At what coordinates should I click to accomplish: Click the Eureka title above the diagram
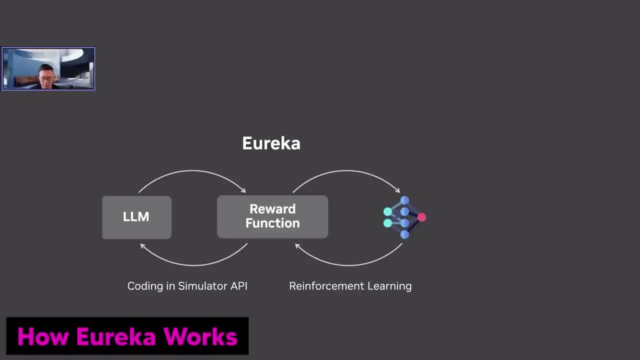coord(271,143)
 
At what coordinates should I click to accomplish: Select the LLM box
coord(136,217)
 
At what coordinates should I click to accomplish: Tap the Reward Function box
coord(272,216)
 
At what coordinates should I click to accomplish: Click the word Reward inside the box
coord(272,209)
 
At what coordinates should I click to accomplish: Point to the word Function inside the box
coord(272,223)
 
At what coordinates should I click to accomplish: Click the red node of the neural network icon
coord(421,217)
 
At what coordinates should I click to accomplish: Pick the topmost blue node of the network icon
coord(404,200)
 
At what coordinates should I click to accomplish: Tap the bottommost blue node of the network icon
coord(404,234)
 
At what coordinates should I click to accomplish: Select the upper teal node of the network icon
coord(387,211)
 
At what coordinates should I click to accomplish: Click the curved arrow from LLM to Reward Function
coord(192,171)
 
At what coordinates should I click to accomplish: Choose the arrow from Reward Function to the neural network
coord(346,171)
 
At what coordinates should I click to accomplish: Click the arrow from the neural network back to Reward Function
coord(348,263)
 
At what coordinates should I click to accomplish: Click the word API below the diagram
coord(238,286)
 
